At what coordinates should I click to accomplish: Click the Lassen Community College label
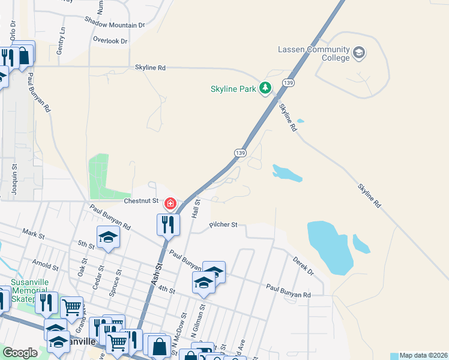(x=313, y=53)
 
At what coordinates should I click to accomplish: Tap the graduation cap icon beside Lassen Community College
(x=359, y=53)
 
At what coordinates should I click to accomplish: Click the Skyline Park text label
(x=233, y=89)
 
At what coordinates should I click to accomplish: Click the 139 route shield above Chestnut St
(x=240, y=154)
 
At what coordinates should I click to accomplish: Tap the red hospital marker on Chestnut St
(x=170, y=205)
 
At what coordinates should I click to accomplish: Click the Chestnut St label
(x=141, y=200)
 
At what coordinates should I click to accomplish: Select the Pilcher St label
(x=223, y=225)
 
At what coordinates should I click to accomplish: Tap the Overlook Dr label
(x=110, y=41)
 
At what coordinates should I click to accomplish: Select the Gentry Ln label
(x=61, y=41)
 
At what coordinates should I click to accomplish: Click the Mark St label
(x=29, y=232)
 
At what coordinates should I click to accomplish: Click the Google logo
(x=20, y=353)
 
